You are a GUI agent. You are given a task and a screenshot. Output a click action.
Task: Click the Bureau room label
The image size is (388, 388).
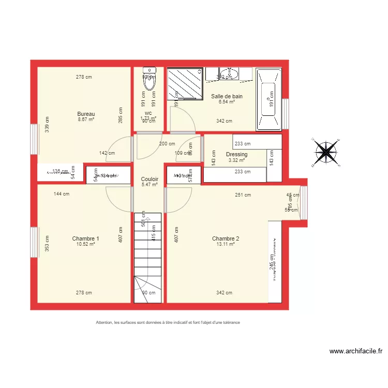tap(86, 114)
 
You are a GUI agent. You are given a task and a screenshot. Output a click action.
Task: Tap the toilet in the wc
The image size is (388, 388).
tap(149, 83)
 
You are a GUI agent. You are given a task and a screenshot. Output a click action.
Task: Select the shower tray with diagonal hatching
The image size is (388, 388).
tap(184, 84)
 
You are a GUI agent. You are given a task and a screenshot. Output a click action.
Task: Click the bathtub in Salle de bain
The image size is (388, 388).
tap(269, 98)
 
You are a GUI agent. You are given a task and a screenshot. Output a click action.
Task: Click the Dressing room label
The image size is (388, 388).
tap(236, 154)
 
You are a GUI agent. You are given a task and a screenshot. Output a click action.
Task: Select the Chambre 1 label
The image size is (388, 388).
tap(86, 238)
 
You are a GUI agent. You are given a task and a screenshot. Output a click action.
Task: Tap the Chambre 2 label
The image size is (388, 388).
tap(226, 238)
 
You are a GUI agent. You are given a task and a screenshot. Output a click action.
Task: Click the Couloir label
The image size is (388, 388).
tap(150, 179)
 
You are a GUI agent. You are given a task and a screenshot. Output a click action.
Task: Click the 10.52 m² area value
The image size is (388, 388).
tap(86, 244)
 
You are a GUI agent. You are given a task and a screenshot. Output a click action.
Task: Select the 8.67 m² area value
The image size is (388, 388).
tap(86, 120)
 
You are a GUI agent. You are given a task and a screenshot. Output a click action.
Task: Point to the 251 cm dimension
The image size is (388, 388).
tap(243, 195)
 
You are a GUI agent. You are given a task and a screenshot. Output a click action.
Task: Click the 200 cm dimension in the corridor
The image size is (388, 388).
tap(167, 144)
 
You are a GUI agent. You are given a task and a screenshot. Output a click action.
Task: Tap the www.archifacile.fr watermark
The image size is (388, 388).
tap(356, 351)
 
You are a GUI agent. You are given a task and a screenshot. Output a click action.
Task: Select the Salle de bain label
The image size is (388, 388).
tap(227, 96)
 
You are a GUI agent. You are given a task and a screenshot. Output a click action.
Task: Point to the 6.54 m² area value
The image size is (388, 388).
tap(227, 102)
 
